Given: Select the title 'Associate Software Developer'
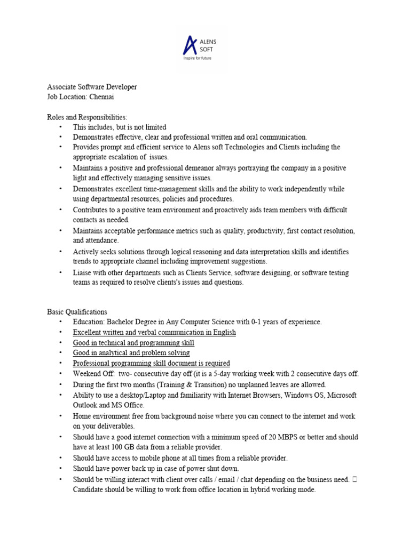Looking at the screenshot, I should click(x=92, y=87).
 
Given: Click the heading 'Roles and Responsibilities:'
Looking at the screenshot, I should click(x=87, y=117).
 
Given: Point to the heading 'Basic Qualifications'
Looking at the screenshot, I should click(x=77, y=312).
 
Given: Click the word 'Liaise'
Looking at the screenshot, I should click(x=83, y=272).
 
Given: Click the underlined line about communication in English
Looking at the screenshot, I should click(x=154, y=333).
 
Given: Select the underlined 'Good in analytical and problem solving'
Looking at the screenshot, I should click(x=131, y=353).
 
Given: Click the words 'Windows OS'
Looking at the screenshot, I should click(x=304, y=395).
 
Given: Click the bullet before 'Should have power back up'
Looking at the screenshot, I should click(x=60, y=469).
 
